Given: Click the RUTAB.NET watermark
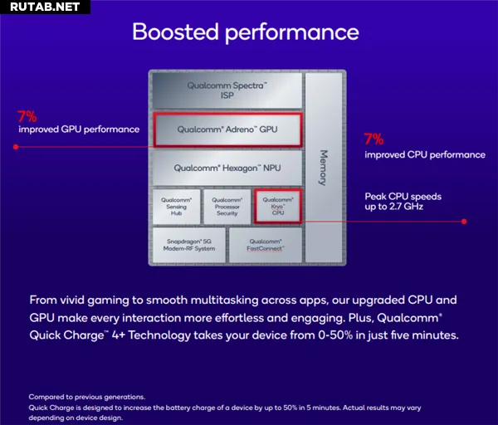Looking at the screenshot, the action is pos(45,7).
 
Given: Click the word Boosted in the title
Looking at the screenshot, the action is pos(176,32).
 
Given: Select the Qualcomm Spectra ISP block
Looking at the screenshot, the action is pos(227,90).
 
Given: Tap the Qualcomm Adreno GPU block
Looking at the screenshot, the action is pos(227,129).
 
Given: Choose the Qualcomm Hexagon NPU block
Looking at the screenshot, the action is pos(227,168).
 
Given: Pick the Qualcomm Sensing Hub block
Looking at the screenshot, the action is pos(176,207).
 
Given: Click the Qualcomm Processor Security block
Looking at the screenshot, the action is pos(227,207).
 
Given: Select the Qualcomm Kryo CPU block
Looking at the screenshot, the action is pos(278,207).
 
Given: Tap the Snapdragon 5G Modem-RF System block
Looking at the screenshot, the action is pos(189,245).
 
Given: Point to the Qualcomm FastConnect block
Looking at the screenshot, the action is pos(266,245).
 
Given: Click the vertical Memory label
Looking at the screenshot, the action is pos(323,168).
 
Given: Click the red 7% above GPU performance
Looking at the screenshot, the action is pos(27,116).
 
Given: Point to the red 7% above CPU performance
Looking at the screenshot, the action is pos(373,139).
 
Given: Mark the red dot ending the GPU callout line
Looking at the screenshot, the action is pos(16,147).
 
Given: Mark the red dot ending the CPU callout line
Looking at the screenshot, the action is pos(464,222).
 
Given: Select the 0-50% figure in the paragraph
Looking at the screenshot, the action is pos(335,335).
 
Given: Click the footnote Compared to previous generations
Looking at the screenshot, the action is pos(87,397).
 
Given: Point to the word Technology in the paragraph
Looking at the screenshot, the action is pos(159,335).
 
